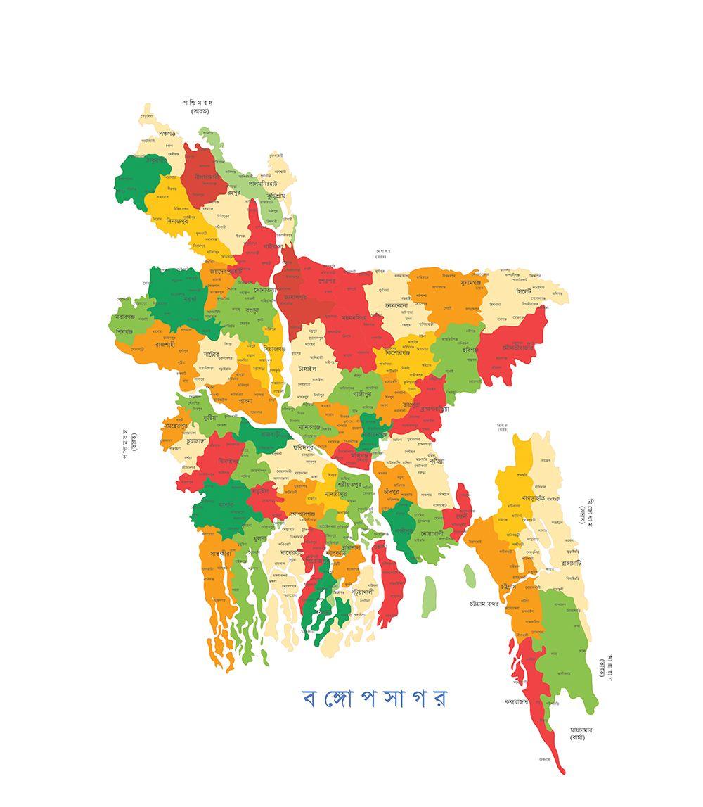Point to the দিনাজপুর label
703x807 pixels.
pyautogui.click(x=172, y=220)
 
